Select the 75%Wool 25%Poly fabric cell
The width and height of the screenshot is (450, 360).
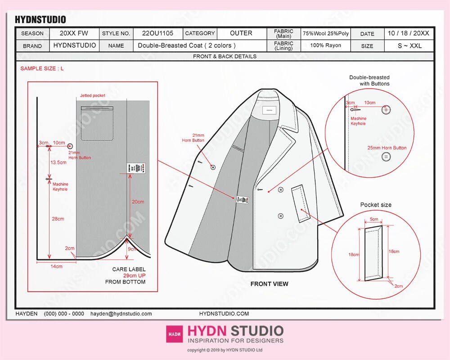click(x=325, y=34)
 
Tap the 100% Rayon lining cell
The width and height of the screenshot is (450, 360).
click(x=325, y=45)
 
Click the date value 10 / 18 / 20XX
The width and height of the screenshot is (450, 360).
click(x=408, y=33)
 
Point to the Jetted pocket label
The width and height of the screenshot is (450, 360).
click(x=92, y=96)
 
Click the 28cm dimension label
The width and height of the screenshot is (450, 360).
click(x=58, y=219)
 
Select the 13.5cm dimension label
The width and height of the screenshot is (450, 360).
click(x=58, y=162)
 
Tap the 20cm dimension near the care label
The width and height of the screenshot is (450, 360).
click(x=138, y=202)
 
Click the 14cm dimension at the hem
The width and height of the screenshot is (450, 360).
click(x=56, y=266)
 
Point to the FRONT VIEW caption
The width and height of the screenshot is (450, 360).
click(x=269, y=284)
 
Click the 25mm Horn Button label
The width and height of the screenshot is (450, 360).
click(x=387, y=148)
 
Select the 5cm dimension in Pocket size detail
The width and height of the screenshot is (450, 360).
click(x=373, y=220)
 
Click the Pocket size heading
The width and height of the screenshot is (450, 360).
click(x=376, y=205)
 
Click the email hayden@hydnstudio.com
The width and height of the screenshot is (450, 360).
click(x=121, y=314)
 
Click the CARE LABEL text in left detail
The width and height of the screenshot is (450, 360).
click(x=129, y=269)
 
